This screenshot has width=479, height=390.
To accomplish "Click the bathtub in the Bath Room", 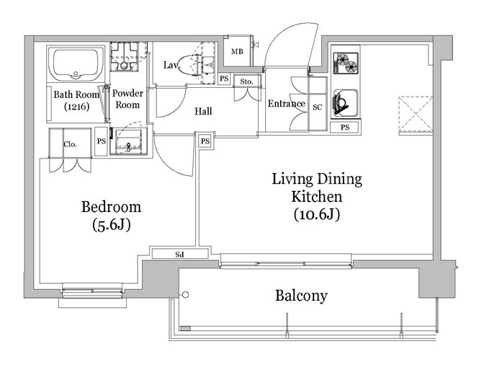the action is click(x=76, y=64).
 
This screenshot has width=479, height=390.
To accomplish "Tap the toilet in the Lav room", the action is click(x=189, y=66).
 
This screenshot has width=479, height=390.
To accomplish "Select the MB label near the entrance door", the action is click(x=237, y=52).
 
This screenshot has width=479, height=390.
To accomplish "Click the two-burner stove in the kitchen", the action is click(x=346, y=63).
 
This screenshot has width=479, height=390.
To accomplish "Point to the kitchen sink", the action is click(x=345, y=102).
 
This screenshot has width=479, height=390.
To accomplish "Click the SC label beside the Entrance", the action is click(x=318, y=107).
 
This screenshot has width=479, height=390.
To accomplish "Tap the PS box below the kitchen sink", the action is click(x=345, y=127).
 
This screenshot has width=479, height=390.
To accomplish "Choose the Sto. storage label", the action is click(x=246, y=81).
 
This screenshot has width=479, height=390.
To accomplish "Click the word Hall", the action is click(x=203, y=111).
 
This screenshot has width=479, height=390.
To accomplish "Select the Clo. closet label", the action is click(x=71, y=144).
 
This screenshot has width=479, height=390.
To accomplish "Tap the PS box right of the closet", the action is click(x=101, y=141).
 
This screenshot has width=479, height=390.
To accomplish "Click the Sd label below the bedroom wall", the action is click(x=179, y=254).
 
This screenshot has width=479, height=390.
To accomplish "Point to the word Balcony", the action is click(x=301, y=296).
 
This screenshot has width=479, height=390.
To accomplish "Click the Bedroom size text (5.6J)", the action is click(x=111, y=225).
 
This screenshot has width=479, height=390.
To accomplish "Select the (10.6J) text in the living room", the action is click(x=317, y=214).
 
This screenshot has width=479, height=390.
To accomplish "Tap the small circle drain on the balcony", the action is click(x=185, y=295).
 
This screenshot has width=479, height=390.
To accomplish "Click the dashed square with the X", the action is click(x=416, y=115).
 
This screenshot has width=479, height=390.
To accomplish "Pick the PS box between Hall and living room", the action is click(x=205, y=141).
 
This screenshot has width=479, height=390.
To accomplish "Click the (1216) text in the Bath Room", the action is click(x=76, y=107).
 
